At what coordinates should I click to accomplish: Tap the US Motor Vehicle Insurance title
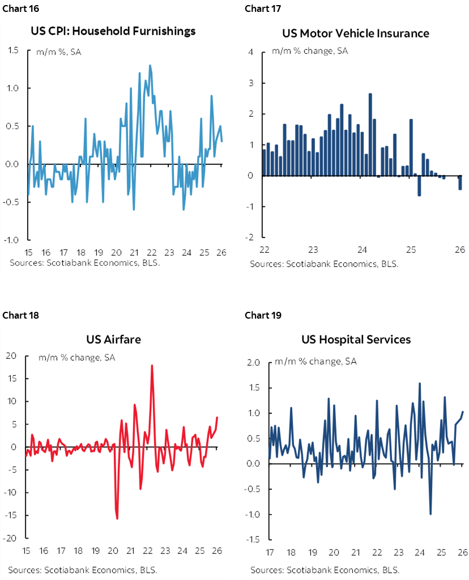click(x=356, y=33)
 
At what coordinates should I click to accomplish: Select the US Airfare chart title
click(x=113, y=339)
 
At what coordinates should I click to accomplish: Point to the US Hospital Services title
click(x=356, y=340)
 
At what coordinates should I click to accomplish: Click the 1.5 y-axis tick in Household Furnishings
click(x=14, y=50)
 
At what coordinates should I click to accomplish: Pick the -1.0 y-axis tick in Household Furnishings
click(x=12, y=240)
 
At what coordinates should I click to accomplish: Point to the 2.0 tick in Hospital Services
click(x=253, y=363)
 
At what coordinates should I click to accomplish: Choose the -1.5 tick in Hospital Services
click(x=251, y=540)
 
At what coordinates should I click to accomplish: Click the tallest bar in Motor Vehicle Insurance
click(x=370, y=134)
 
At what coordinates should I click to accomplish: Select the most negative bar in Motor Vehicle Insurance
click(x=419, y=186)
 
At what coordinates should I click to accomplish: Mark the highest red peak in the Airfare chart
click(x=152, y=366)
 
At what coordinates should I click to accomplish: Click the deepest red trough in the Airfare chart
click(x=117, y=517)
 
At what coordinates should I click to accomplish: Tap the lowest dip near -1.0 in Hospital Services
click(x=430, y=513)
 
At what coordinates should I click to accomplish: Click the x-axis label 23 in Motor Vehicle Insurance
click(x=313, y=249)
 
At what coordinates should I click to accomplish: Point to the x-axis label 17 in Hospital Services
click(x=270, y=552)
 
